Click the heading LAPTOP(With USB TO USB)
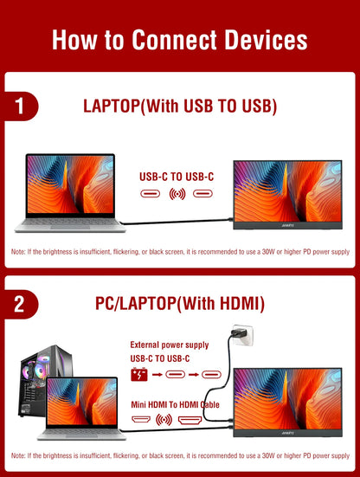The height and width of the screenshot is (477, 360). [x=180, y=106]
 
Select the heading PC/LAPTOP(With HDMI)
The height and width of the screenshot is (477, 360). [x=180, y=304]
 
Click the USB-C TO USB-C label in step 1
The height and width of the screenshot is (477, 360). [x=177, y=175]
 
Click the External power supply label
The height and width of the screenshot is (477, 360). [x=170, y=344]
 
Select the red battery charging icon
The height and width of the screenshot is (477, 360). [x=138, y=375]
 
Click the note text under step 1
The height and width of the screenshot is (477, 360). [x=180, y=251]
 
